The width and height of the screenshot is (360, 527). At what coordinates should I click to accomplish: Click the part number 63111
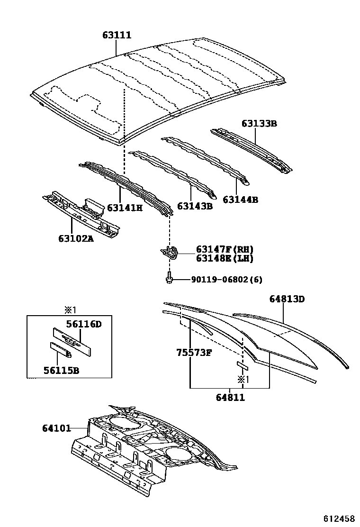pos(117,35)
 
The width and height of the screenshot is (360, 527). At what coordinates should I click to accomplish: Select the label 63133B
pos(259,123)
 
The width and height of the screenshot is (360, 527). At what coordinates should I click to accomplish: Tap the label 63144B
pos(241,200)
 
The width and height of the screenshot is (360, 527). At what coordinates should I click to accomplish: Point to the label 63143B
pos(195,206)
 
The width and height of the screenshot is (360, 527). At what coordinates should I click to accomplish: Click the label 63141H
pos(125,208)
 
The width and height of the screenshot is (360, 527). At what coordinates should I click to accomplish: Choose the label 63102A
pos(76,238)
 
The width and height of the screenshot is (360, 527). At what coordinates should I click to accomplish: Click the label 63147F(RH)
pos(225,249)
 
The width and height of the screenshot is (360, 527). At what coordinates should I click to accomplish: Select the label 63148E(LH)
pos(225,258)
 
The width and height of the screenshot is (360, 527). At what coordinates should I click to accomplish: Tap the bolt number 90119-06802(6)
pos(227,279)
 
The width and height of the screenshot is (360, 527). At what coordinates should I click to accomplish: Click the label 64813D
pos(287,299)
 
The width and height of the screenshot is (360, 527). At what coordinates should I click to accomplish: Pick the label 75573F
pos(194,353)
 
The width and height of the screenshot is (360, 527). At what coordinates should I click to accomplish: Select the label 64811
pos(230,397)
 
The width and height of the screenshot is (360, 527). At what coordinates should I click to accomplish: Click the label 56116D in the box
pos(84,324)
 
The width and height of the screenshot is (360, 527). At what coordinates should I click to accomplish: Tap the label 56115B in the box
pos(62,370)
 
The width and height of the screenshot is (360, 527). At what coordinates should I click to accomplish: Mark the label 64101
pos(57,428)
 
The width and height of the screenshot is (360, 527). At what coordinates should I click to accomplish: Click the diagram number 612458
pos(339,518)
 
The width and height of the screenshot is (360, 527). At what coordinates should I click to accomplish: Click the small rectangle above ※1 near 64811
pos(242,365)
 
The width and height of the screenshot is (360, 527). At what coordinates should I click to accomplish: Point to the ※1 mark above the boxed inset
pos(70,309)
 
